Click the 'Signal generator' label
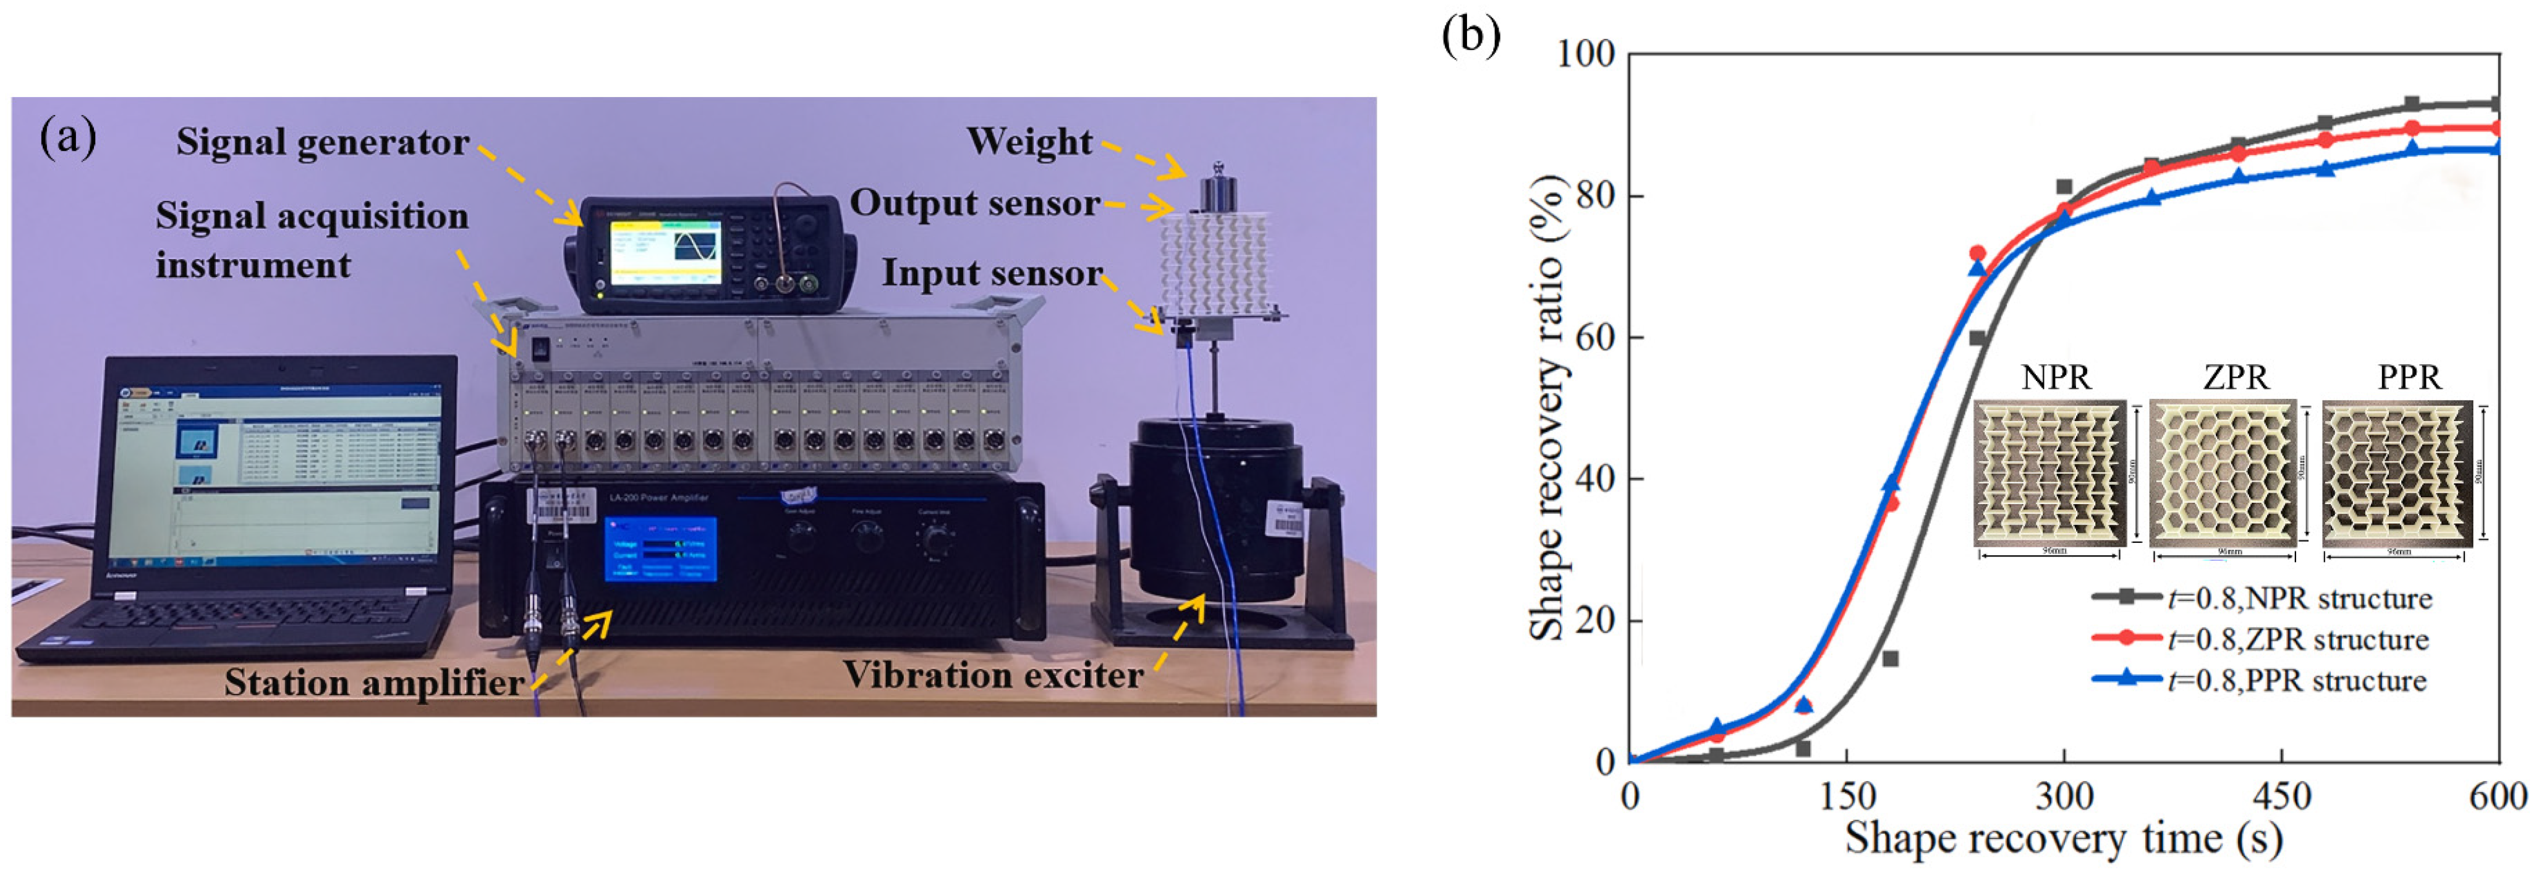322,143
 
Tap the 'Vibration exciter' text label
992,675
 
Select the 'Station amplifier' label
373,682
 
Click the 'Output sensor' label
974,203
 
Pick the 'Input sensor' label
992,273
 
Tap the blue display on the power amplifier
660,548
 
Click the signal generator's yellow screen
665,252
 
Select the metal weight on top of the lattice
1218,191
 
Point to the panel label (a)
67,137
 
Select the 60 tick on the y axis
1595,336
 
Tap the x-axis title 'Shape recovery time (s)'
2062,839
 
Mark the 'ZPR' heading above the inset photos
2235,377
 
